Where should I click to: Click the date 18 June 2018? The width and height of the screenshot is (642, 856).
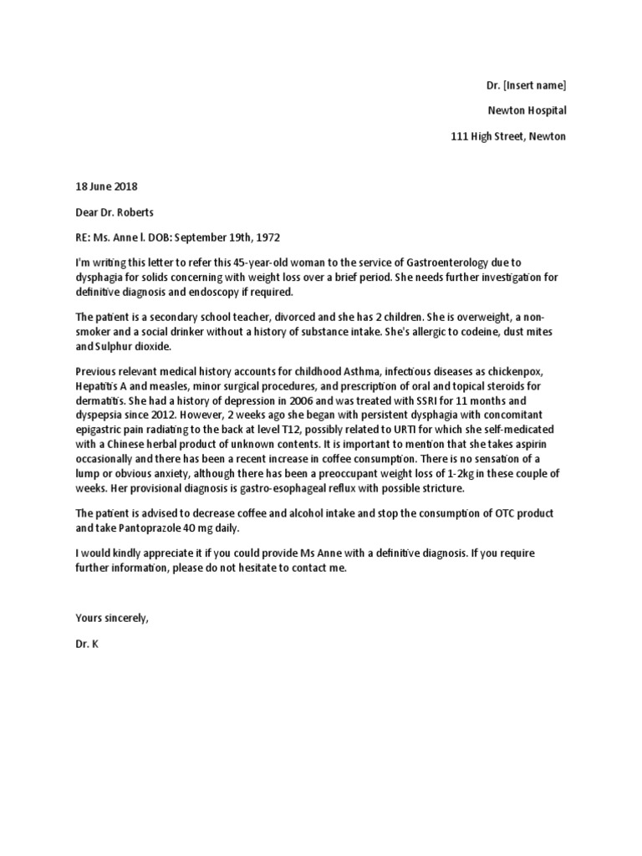click(x=106, y=186)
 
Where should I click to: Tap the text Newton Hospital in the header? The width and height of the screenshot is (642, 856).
click(x=527, y=110)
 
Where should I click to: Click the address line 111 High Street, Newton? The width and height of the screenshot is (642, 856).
click(x=508, y=135)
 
